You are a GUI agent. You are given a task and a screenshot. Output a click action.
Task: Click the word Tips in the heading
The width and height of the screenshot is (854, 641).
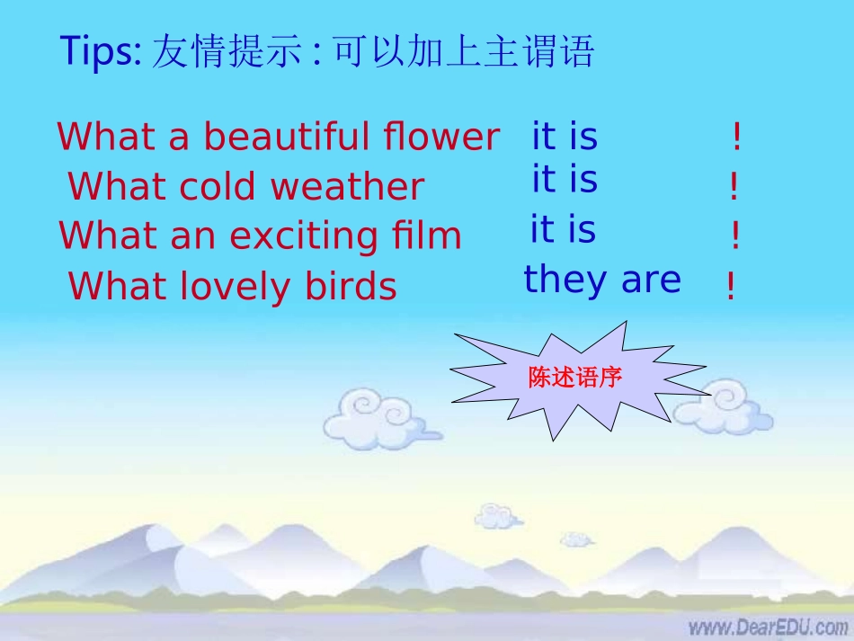click(x=98, y=53)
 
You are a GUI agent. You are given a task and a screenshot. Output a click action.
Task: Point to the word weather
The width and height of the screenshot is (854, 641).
click(x=347, y=187)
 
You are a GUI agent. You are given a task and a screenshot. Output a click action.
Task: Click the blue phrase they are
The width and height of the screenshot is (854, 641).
click(x=602, y=280)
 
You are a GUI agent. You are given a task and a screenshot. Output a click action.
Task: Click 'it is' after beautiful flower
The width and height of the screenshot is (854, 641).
click(x=565, y=137)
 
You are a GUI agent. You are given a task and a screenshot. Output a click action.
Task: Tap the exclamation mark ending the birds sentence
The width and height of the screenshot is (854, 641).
click(x=730, y=288)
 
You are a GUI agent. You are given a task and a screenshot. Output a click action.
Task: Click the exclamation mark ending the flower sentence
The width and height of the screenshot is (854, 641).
click(x=737, y=138)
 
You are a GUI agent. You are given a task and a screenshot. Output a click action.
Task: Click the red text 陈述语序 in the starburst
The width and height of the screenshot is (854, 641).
click(x=575, y=378)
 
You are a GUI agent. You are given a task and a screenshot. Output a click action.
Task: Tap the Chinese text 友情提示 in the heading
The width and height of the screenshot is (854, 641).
click(x=227, y=53)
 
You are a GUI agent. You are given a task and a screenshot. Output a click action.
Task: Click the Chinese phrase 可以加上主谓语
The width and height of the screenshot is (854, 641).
click(x=464, y=53)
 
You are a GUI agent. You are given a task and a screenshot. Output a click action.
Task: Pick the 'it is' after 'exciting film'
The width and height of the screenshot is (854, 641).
click(x=563, y=230)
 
